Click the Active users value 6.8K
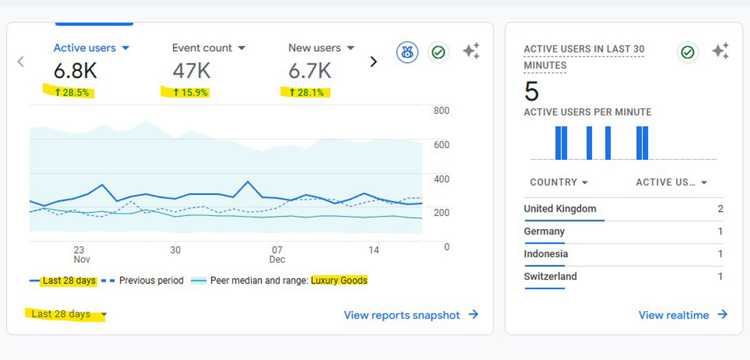[76, 70]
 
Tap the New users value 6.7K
[310, 70]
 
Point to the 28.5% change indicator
[72, 92]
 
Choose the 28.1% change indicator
[306, 92]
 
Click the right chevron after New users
[374, 62]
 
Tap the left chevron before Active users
[21, 62]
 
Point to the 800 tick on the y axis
[441, 111]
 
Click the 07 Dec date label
[277, 254]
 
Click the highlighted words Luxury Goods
[339, 281]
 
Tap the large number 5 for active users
[531, 92]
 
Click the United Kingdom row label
[560, 209]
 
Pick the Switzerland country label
[550, 277]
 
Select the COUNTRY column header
[558, 182]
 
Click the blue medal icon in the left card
[407, 52]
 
